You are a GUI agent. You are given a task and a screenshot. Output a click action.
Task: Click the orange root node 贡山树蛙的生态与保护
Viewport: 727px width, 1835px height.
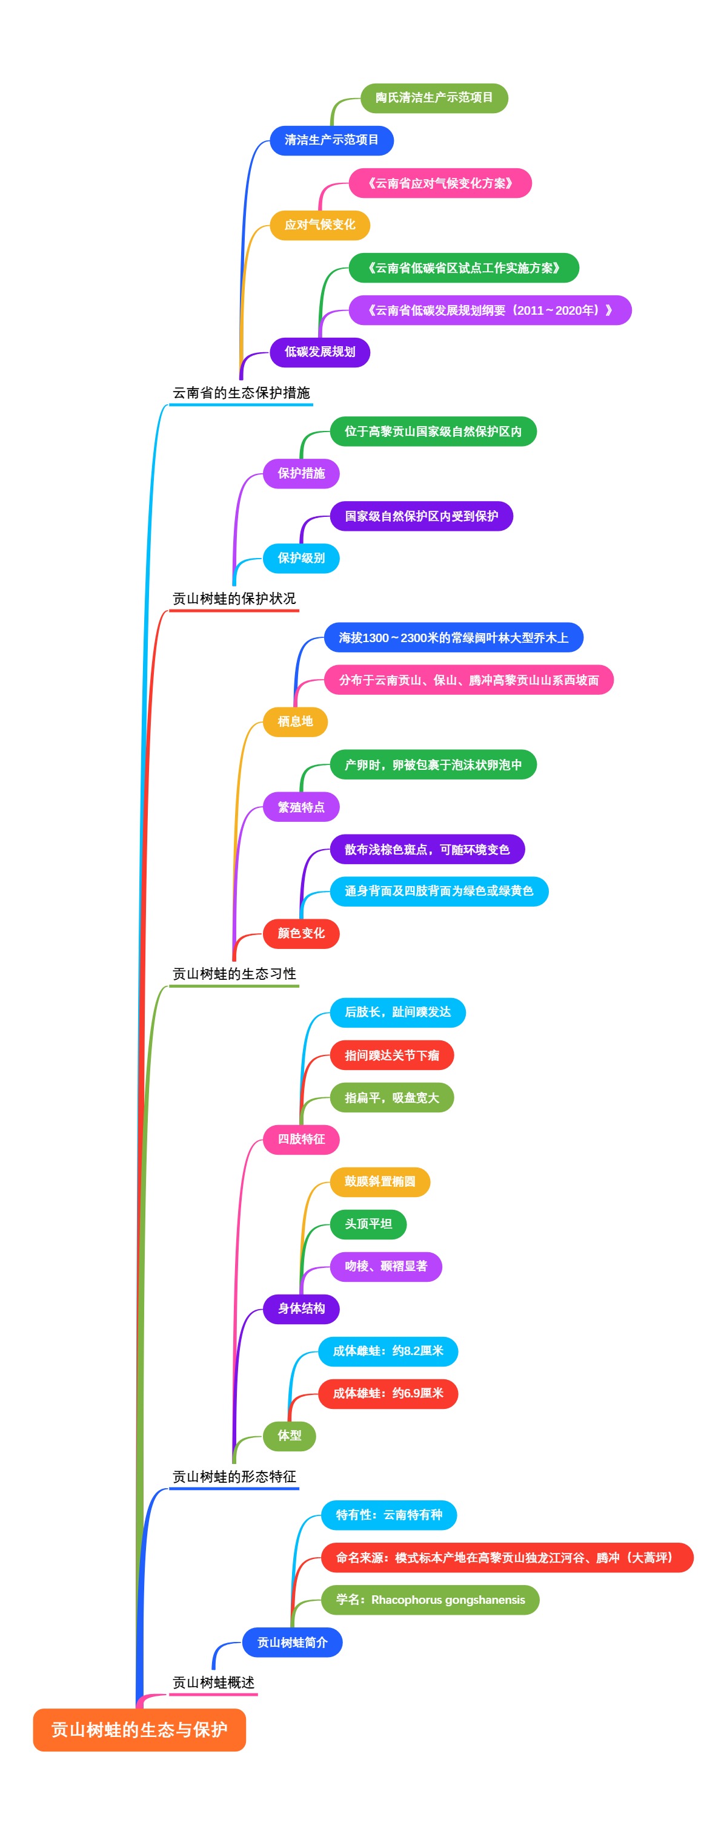point(139,1729)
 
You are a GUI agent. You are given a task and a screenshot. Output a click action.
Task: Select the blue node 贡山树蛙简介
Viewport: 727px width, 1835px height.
point(292,1642)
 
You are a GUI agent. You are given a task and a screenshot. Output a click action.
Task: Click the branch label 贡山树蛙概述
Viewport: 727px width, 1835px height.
point(213,1682)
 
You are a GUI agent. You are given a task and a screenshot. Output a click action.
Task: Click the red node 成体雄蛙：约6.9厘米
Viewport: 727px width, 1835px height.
point(388,1393)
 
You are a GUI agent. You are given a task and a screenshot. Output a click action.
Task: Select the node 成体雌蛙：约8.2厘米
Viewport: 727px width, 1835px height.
point(388,1351)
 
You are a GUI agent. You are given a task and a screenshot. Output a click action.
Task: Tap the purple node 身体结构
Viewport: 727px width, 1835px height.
point(300,1308)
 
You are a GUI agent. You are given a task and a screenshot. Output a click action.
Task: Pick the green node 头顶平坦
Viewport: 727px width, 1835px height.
point(368,1224)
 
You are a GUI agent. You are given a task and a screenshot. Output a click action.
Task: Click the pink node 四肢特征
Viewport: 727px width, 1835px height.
point(300,1139)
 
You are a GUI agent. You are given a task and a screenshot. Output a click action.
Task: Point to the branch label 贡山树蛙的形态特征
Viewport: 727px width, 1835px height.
point(234,1476)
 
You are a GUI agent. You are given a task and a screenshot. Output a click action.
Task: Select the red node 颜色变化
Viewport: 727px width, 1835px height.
point(300,933)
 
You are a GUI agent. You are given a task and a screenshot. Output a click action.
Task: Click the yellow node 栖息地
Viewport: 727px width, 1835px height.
point(295,721)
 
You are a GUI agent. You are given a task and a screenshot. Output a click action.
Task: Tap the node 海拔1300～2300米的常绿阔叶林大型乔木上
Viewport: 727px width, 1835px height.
point(453,637)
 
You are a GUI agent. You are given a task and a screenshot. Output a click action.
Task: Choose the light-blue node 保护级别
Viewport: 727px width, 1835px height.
point(300,558)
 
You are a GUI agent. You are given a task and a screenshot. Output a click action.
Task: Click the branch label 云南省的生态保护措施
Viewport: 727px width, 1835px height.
point(241,393)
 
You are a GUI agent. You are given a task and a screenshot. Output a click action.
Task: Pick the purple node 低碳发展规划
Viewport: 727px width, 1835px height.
point(319,352)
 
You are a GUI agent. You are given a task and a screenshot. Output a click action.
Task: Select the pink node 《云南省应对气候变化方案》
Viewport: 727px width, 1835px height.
point(440,183)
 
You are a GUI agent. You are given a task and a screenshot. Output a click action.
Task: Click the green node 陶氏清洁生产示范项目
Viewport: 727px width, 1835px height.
point(434,97)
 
